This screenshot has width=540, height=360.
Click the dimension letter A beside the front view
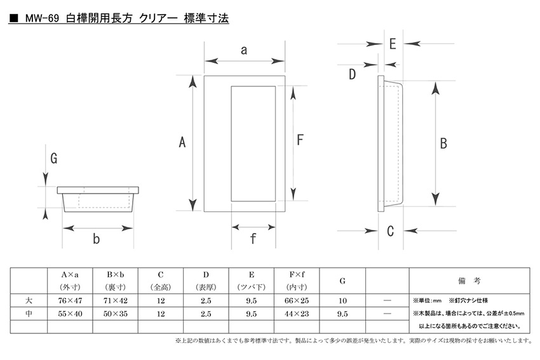tap(182, 142)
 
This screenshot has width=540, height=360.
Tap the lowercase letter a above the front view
tap(244, 50)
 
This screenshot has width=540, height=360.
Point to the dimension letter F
tap(300, 140)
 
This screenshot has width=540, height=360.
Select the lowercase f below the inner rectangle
tap(253, 238)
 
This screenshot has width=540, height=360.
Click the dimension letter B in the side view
tap(443, 143)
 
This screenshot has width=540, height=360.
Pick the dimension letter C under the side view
tap(390, 231)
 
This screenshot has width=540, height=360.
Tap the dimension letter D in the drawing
tap(352, 74)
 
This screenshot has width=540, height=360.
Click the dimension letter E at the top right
tap(393, 44)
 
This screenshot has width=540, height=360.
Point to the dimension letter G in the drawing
tap(54, 158)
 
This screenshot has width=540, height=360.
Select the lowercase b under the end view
tap(97, 239)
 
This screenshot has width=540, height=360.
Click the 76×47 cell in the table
tap(71, 300)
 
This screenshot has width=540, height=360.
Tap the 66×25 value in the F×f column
tap(297, 300)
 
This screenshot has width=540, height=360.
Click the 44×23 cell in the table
tap(297, 314)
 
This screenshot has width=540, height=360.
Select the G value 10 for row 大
tap(342, 300)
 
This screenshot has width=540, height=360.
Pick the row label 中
tap(29, 314)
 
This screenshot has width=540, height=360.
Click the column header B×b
tap(116, 275)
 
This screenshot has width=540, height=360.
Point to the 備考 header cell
tap(469, 281)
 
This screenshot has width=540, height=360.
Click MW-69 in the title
tap(42, 18)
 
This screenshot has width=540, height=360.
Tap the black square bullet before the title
tap(14, 18)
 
